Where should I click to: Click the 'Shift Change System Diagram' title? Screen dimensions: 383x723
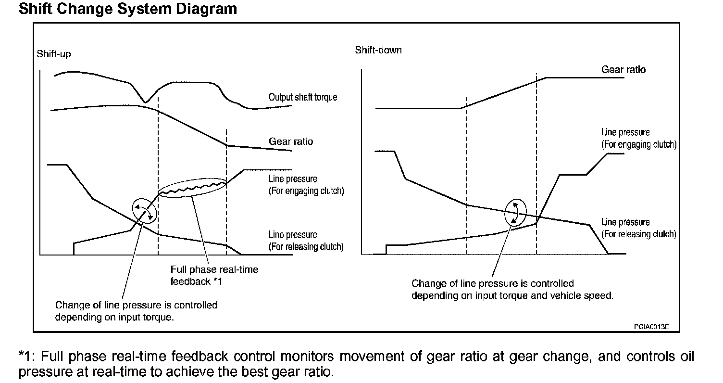(x=127, y=9)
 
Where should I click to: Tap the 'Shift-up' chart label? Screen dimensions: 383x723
(x=54, y=54)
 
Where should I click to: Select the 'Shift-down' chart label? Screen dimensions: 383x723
(x=378, y=50)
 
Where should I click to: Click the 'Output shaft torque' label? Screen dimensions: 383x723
(x=303, y=97)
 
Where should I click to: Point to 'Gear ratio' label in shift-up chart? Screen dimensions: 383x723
(x=291, y=141)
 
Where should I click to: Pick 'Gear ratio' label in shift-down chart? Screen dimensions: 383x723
(x=623, y=70)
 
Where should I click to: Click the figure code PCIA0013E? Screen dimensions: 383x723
(x=651, y=327)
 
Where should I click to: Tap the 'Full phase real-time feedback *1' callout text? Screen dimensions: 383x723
(x=214, y=275)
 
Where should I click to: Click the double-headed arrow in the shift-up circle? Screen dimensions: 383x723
(x=145, y=211)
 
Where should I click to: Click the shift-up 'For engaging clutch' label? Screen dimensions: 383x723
(x=306, y=191)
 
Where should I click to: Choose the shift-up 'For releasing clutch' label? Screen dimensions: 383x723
(x=306, y=247)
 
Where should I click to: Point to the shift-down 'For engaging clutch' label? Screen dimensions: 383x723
(x=639, y=144)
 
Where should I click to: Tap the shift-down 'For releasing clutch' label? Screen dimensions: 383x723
(x=639, y=234)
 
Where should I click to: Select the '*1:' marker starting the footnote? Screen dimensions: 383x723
(x=27, y=357)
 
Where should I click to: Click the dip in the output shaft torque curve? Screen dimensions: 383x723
(x=146, y=101)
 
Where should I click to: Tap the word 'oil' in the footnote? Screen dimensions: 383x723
(x=685, y=357)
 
